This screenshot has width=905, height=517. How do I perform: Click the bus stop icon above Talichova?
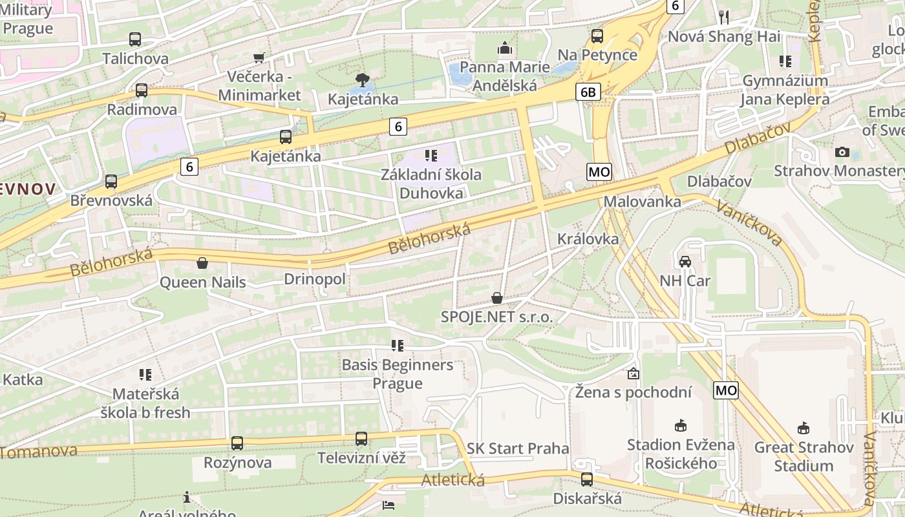coord(134,39)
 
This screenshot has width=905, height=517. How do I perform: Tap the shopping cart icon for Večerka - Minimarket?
coord(259,58)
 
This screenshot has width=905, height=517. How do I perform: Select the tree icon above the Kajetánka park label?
coord(363,80)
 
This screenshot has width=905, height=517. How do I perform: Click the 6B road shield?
coord(588,92)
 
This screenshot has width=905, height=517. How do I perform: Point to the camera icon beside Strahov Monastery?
coord(842,152)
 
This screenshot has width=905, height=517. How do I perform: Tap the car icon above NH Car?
coord(685,262)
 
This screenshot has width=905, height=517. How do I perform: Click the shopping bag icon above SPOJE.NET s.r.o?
coord(497,298)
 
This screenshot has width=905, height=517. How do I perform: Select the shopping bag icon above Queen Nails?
coord(202,263)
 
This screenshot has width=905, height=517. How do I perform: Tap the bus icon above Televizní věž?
coord(361,439)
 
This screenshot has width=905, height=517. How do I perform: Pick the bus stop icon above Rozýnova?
coord(237,443)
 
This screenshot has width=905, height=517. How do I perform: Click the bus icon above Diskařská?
coord(587,480)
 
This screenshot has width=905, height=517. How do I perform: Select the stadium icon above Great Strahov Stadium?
coord(804,428)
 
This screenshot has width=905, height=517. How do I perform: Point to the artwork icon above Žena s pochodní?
coord(633,374)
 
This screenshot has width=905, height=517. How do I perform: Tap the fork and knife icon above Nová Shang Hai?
coord(724,17)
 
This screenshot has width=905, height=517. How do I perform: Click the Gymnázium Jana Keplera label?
coord(785,90)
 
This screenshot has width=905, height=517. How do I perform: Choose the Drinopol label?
coord(315,279)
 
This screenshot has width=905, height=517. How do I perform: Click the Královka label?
coord(588,238)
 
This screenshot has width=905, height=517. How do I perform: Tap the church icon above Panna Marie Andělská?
coord(504,48)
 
